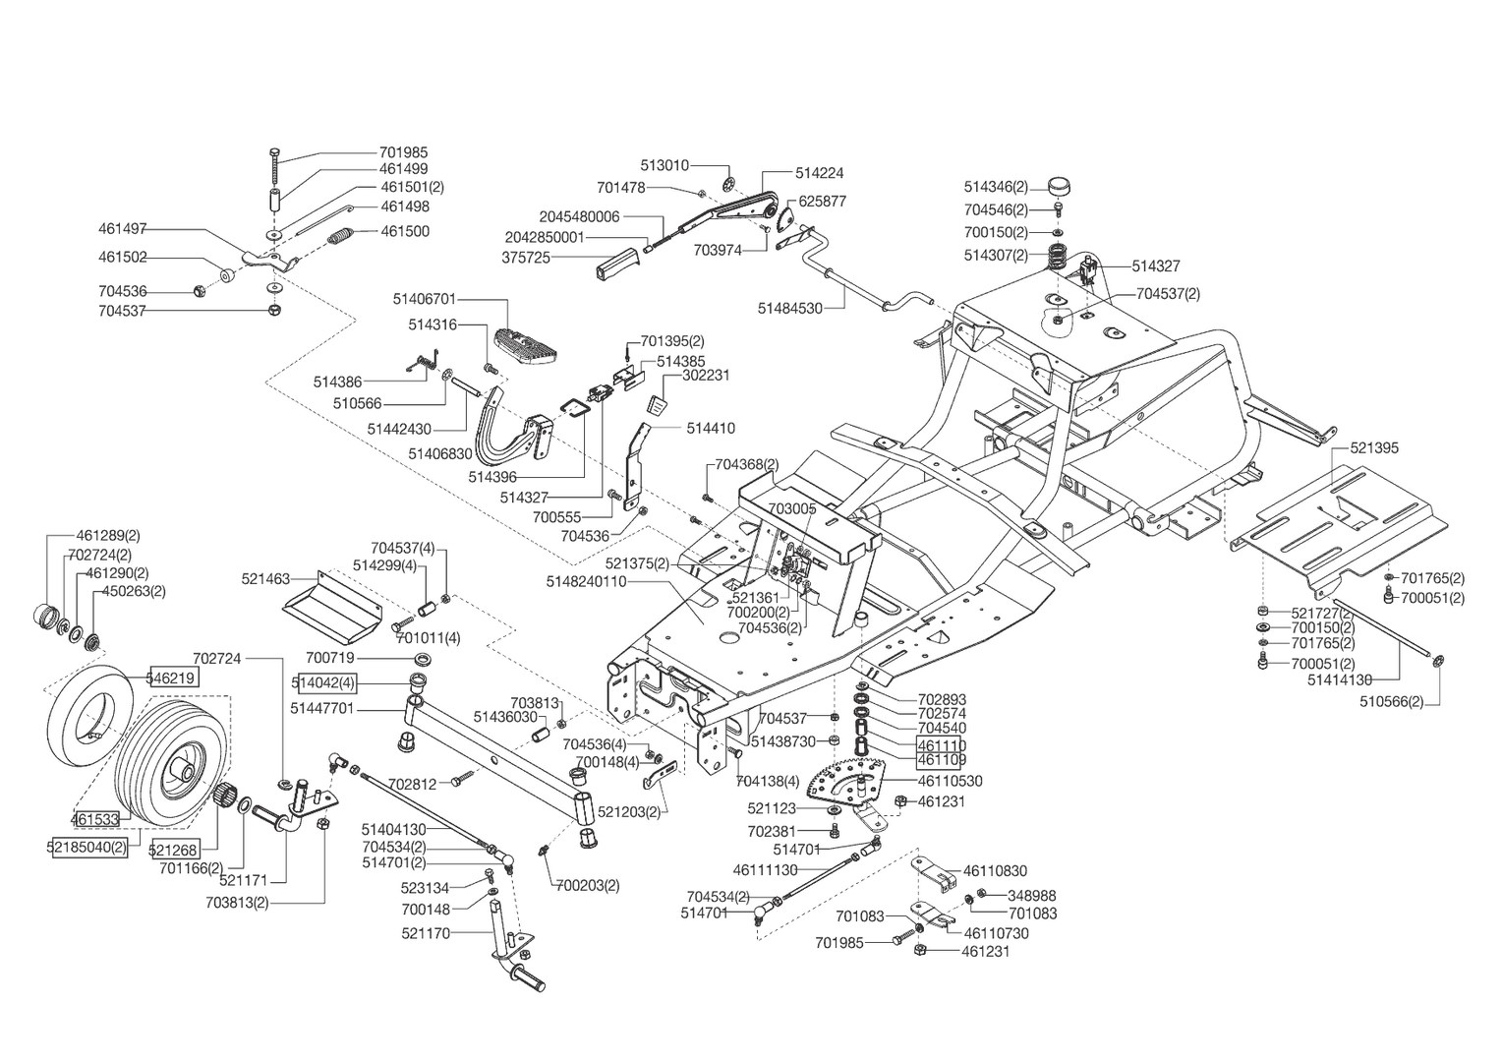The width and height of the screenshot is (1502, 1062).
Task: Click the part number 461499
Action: point(403,169)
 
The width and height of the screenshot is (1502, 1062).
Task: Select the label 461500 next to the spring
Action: point(403,232)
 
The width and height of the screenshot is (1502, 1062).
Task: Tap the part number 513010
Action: point(664,165)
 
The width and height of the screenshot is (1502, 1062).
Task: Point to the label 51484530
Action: point(789,308)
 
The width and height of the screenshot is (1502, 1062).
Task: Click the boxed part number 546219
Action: point(172,678)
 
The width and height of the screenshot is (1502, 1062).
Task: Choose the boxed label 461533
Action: point(95,818)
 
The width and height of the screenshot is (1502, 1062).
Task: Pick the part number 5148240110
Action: point(586,582)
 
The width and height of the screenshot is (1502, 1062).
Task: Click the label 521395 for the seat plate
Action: point(1374,448)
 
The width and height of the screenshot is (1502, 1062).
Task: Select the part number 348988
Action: point(1032,896)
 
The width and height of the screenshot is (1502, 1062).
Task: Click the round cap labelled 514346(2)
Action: point(1059,185)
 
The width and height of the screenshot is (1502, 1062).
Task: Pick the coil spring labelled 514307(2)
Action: point(1059,256)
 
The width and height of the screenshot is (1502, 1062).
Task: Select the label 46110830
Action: point(995,871)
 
